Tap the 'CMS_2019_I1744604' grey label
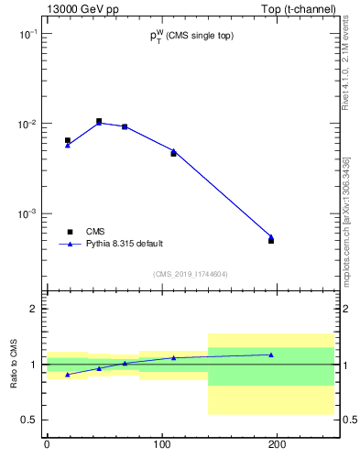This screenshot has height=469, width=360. (x=191, y=273)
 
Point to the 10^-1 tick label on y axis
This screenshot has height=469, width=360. (x=28, y=33)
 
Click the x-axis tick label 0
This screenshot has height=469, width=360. (x=47, y=443)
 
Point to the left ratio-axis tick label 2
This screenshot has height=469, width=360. (x=34, y=309)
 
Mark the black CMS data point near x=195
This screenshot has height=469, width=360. (x=271, y=241)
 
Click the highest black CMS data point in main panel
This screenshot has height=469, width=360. (x=99, y=121)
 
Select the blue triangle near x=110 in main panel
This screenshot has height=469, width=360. (x=173, y=150)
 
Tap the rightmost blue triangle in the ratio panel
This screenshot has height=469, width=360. (x=271, y=354)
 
